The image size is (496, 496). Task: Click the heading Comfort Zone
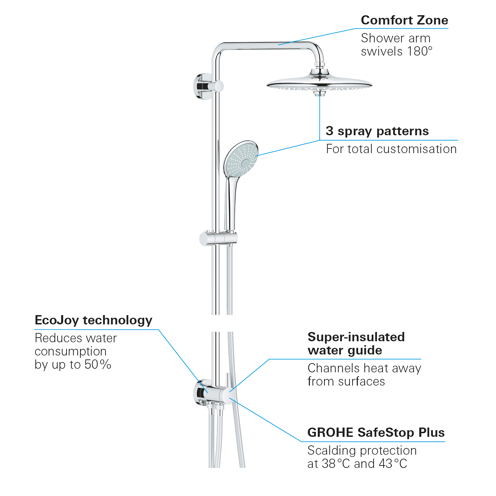[x=404, y=21]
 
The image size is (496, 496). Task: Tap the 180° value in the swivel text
[x=420, y=52]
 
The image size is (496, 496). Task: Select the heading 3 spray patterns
[x=377, y=131]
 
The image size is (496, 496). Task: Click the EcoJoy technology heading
[x=93, y=320]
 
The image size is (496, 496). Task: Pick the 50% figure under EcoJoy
[x=98, y=365]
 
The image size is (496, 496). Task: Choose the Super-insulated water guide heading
[x=356, y=344]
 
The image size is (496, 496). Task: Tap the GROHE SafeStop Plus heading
[x=376, y=433]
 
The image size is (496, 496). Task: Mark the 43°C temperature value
[x=393, y=464]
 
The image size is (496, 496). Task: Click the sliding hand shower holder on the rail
[x=218, y=238]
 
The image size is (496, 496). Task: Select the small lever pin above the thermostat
[x=227, y=380]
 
